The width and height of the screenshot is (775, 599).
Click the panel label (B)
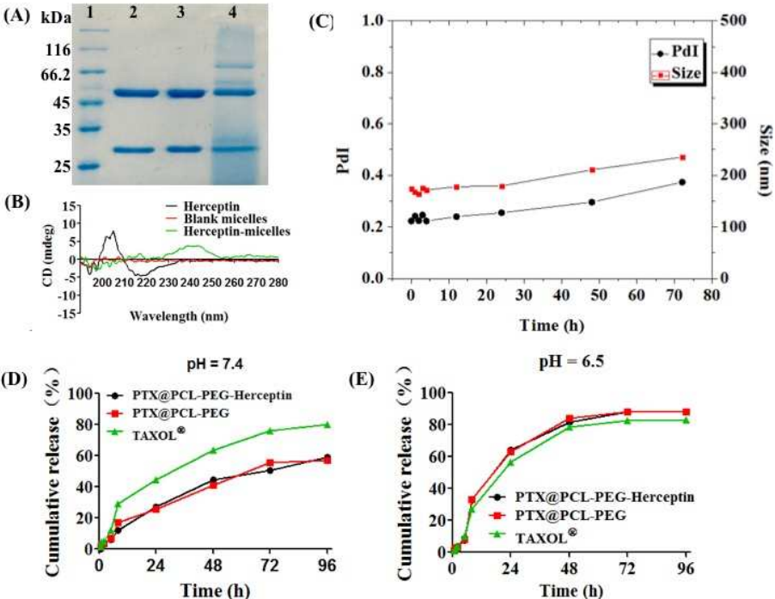(19, 204)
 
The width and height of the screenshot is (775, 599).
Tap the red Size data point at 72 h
(682, 157)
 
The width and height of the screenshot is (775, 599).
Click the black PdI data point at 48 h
(592, 202)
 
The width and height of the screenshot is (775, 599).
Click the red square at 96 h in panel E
(685, 413)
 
